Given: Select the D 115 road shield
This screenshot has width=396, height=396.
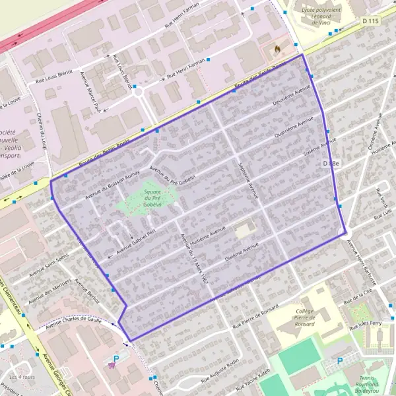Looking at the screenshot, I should (371, 22).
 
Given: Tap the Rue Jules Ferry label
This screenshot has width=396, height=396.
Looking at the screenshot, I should (366, 325).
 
